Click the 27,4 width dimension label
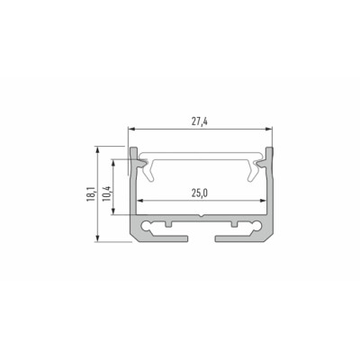click(x=200, y=121)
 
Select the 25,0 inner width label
click(x=200, y=193)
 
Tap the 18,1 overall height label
click(x=91, y=194)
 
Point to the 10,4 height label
click(x=107, y=193)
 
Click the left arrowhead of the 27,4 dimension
click(x=131, y=129)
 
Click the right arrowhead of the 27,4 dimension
click(x=269, y=129)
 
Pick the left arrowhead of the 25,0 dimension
click(x=139, y=200)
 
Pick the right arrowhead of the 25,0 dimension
click(x=263, y=200)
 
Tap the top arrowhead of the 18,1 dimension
click(x=97, y=149)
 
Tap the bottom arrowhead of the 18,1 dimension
click(x=97, y=238)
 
